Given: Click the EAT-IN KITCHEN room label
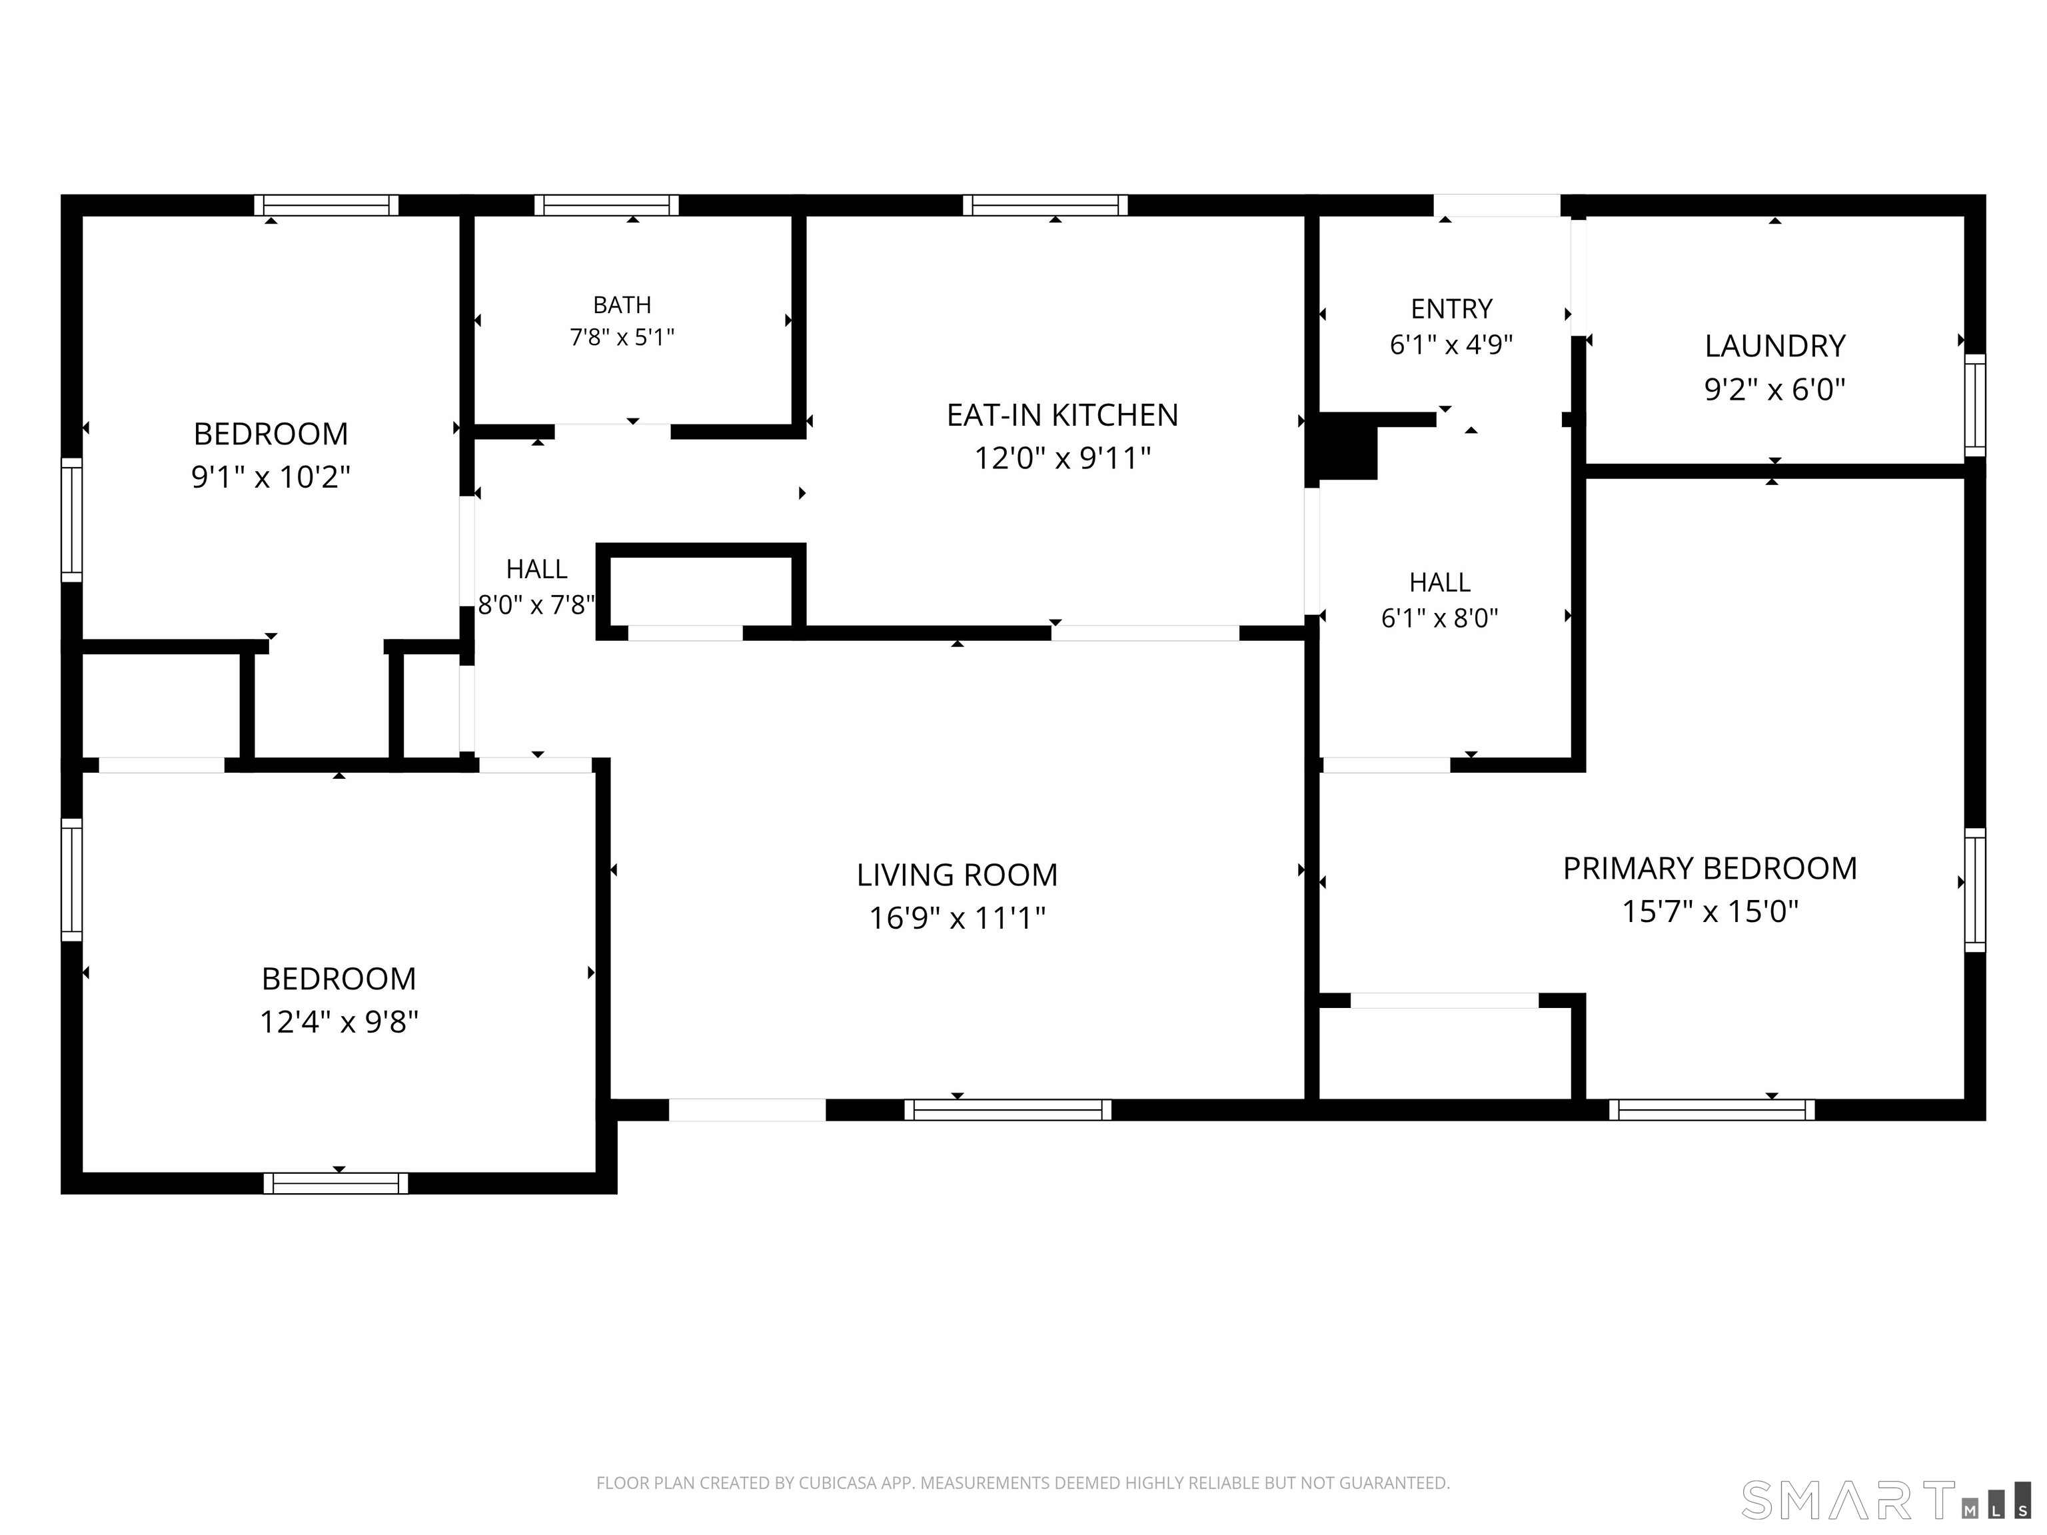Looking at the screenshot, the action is [x=1062, y=416].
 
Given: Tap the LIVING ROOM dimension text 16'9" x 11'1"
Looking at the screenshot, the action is [x=957, y=919].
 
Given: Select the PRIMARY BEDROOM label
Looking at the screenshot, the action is [x=1710, y=869].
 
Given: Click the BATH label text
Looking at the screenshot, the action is [x=622, y=305].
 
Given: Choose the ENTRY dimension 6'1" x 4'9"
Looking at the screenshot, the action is [x=1451, y=345].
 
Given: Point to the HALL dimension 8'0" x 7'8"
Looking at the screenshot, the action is [x=536, y=605].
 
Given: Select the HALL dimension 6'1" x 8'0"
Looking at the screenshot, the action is [x=1440, y=618].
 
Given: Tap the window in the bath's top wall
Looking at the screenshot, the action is [x=606, y=205].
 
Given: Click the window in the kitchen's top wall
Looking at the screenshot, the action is [x=1045, y=205].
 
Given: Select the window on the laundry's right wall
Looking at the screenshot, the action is [x=1975, y=404].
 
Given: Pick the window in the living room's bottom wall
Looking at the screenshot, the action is [x=1008, y=1109].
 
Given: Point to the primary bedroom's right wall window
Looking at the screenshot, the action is [x=1975, y=890].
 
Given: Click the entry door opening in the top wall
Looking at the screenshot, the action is [x=1497, y=205].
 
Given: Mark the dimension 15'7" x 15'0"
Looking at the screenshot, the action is [x=1710, y=912].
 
